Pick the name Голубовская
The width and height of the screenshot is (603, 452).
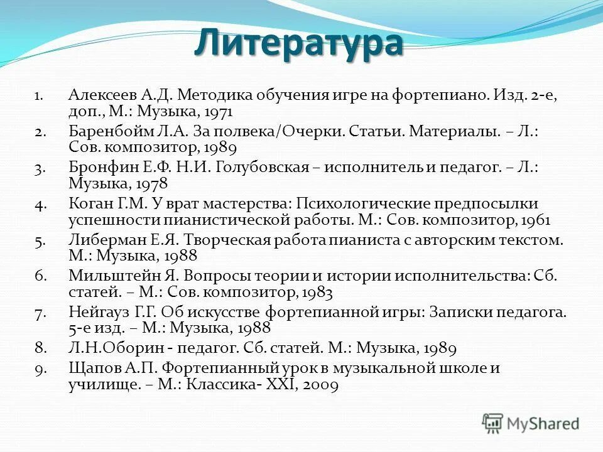coord(263,168)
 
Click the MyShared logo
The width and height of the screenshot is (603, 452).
coord(531,422)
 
